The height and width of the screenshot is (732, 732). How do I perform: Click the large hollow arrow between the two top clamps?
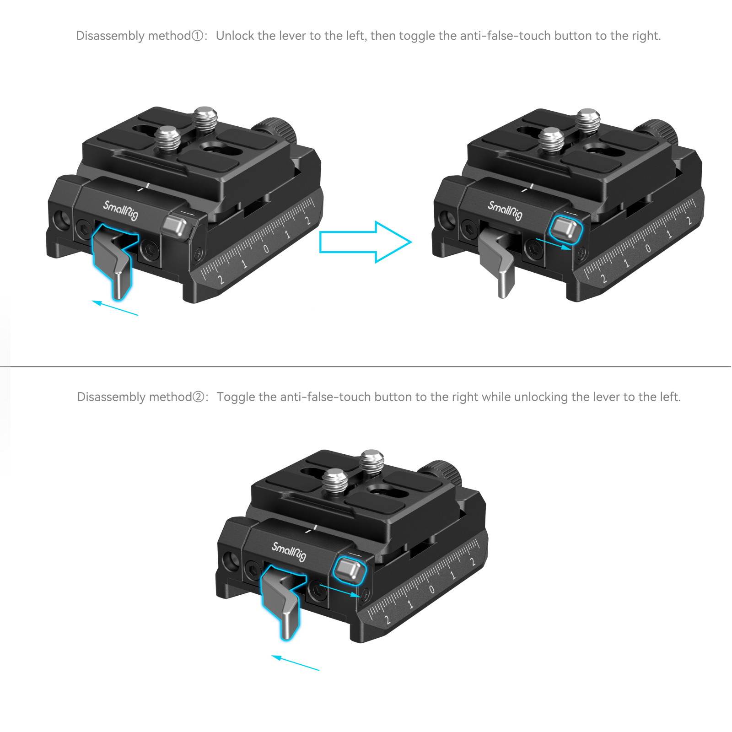pos(365,242)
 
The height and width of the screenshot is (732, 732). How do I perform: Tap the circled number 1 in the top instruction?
pos(197,36)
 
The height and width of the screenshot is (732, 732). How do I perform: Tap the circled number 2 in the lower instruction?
pos(198,397)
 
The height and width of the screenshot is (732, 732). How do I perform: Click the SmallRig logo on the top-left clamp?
pos(120,211)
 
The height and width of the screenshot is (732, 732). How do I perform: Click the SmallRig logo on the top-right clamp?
pos(505,211)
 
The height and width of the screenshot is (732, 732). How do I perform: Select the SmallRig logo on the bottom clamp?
pos(289,552)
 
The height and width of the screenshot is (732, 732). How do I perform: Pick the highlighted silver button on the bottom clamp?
pos(350,570)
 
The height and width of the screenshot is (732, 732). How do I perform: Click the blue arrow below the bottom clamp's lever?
pos(295,662)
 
